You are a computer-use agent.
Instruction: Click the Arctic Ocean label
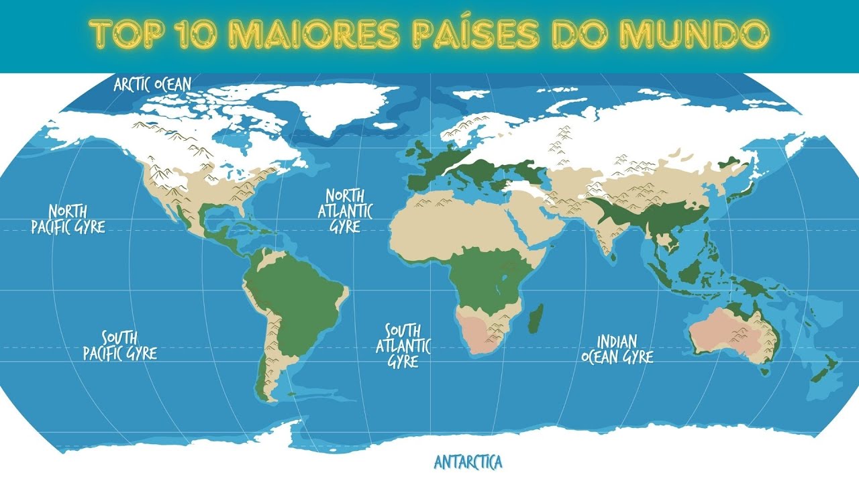152,85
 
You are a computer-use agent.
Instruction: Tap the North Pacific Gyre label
68,219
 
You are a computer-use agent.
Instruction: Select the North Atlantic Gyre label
345,210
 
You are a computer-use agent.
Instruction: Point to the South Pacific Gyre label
120,345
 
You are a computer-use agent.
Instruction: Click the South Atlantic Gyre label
403,345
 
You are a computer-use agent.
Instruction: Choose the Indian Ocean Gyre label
617,349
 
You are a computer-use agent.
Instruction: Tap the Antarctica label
468,462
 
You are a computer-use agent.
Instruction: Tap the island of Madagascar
536,319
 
